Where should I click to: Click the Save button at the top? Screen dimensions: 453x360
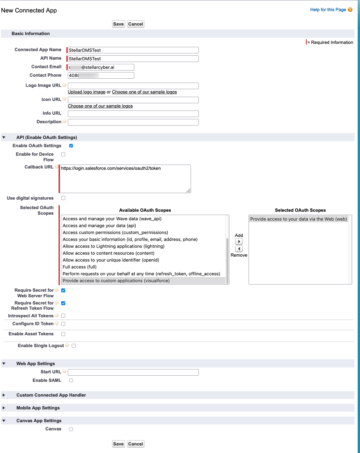coord(118,24)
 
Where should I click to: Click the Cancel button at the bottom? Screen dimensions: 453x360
coord(136,444)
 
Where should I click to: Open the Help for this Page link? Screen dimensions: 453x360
coord(328,10)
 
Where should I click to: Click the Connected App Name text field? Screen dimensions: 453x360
coord(133,50)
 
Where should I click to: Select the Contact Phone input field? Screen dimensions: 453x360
coord(101,75)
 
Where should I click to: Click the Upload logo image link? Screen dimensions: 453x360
coord(86,92)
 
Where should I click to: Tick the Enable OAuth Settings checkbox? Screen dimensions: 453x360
coord(71,146)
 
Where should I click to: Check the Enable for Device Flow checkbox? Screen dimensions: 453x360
coord(63,154)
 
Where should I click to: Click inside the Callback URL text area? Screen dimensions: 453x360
coord(125,179)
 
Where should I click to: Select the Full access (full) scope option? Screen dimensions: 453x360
coord(80,267)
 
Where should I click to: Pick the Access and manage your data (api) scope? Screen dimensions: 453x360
coord(99,226)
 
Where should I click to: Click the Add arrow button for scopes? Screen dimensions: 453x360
coord(239,242)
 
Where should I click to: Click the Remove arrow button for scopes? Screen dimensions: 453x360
coord(239,249)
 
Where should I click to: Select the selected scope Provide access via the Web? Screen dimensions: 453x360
coord(298,219)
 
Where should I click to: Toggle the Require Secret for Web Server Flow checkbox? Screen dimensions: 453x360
coord(63,290)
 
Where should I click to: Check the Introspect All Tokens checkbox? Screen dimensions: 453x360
coord(63,316)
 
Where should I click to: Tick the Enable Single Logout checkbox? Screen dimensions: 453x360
coord(74,346)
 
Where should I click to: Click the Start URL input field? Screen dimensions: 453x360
coord(133,372)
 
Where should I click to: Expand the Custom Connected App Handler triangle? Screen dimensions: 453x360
coord(4,395)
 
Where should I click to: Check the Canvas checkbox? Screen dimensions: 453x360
coord(71,429)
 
